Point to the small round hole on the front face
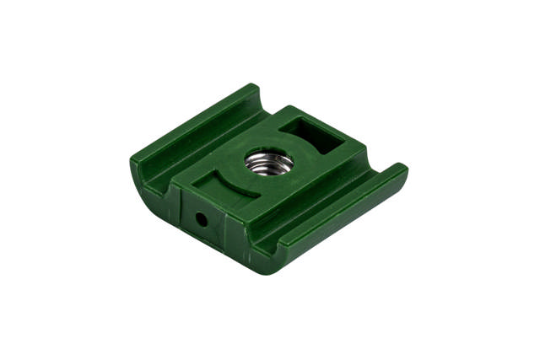tap(201, 219)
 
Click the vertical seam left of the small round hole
tap(181, 211)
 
